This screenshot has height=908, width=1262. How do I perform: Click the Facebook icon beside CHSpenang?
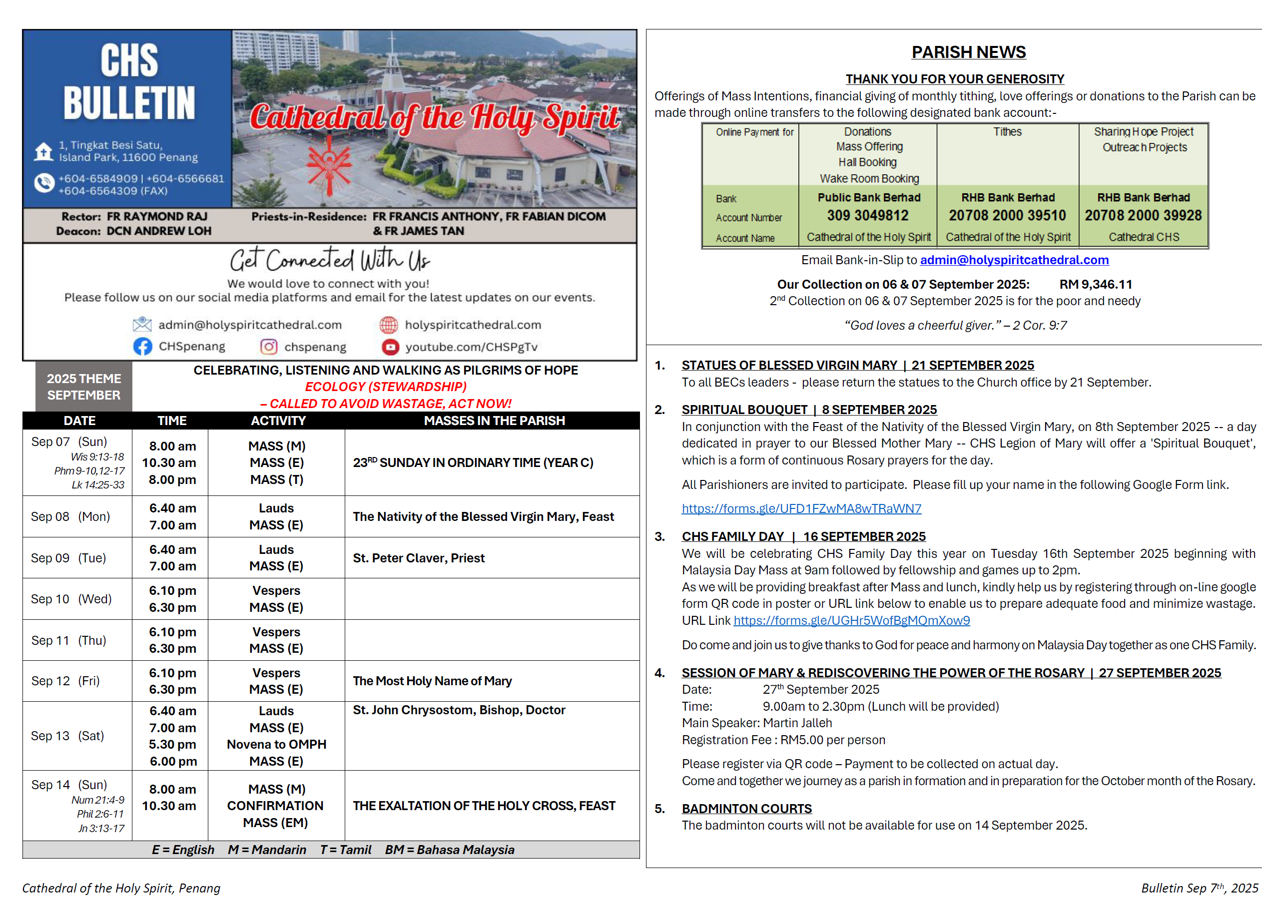click(142, 347)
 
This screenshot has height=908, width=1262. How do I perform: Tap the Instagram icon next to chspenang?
click(269, 347)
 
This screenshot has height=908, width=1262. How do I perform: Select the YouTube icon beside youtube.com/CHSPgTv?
click(390, 347)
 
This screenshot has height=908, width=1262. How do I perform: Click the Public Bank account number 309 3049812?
click(867, 215)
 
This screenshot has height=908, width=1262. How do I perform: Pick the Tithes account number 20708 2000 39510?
click(1007, 215)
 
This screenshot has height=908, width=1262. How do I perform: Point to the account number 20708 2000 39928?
click(1143, 215)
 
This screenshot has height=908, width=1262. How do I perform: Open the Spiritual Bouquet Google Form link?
click(801, 508)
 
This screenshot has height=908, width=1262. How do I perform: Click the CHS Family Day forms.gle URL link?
click(851, 620)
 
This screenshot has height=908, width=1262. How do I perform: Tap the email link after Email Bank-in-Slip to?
click(1014, 260)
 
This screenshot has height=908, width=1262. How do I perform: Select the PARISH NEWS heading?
click(968, 52)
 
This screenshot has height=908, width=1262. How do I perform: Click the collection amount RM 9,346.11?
click(1095, 284)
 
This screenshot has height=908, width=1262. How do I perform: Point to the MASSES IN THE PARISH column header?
click(494, 421)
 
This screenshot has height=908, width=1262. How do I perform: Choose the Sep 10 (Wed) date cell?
click(71, 599)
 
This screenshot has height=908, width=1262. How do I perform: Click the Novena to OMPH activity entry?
click(277, 744)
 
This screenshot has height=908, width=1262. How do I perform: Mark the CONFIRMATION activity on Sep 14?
click(275, 806)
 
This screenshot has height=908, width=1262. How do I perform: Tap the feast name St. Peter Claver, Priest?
click(419, 558)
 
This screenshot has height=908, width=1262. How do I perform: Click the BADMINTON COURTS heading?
click(747, 809)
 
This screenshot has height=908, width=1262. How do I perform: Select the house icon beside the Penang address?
click(43, 151)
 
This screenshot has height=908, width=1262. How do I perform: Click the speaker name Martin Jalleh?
click(797, 723)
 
